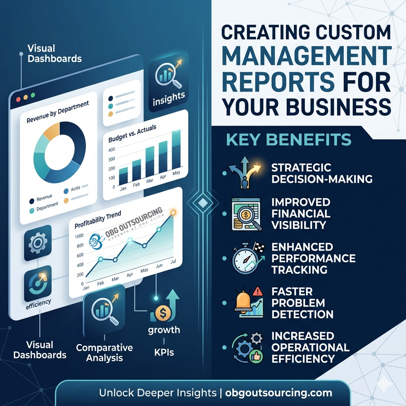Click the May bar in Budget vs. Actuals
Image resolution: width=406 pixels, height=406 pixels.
point(176,155)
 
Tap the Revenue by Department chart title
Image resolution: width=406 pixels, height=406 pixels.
point(57,111)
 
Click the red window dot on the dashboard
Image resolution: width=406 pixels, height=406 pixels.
point(17,98)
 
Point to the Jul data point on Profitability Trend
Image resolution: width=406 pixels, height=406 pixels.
point(173,213)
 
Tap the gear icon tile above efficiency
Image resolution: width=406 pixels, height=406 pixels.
point(38,243)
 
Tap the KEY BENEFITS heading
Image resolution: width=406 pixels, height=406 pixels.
point(289,139)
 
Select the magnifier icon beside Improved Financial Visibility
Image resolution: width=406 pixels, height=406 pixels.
point(246,214)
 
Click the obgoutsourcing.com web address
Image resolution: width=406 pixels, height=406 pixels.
point(279,393)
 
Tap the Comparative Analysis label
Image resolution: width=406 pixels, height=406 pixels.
point(104,353)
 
